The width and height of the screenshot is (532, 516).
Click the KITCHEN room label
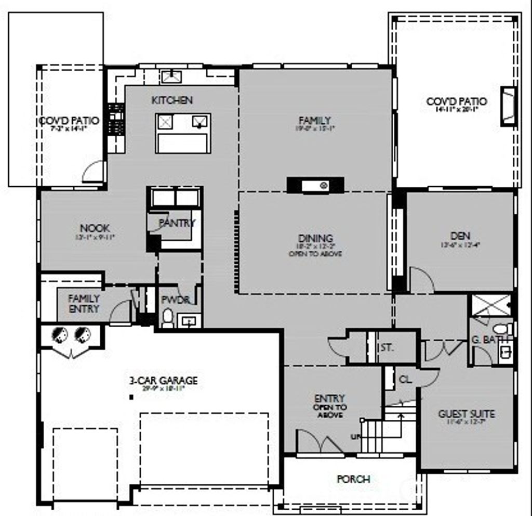click(172, 100)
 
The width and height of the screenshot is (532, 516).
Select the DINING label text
click(315, 239)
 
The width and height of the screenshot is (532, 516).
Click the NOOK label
click(95, 228)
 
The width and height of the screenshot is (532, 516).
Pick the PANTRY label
click(177, 223)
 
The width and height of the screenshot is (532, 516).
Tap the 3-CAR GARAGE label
click(163, 381)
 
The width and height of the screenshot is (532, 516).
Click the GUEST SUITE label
click(466, 414)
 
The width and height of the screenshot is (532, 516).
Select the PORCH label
click(353, 479)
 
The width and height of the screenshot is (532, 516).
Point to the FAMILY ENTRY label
click(84, 303)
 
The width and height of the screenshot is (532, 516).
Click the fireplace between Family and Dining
click(315, 185)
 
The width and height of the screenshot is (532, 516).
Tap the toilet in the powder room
click(167, 318)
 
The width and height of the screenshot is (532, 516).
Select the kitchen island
click(183, 133)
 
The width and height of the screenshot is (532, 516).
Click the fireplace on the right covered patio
click(508, 106)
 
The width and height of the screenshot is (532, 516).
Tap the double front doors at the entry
click(319, 443)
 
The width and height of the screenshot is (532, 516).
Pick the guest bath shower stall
click(491, 305)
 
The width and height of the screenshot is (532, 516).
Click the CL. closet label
click(405, 380)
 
